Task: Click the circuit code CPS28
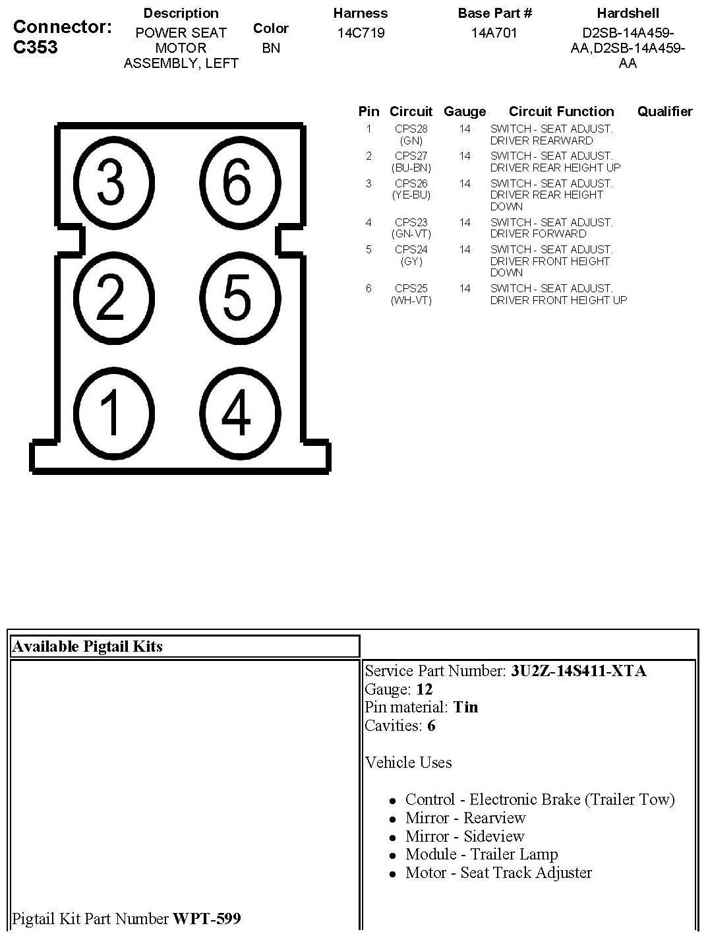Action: (411, 129)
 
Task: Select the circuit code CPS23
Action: (411, 223)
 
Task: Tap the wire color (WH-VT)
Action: (411, 300)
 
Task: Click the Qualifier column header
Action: (664, 111)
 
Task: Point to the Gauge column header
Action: (465, 111)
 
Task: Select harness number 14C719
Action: (361, 33)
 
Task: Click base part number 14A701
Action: (494, 33)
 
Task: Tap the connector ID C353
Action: (36, 47)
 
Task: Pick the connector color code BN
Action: (271, 47)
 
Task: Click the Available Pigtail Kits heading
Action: (87, 646)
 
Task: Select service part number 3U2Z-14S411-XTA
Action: (578, 671)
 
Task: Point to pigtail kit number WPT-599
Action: (206, 918)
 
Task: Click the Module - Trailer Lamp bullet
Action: (481, 854)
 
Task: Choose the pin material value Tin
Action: (465, 707)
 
